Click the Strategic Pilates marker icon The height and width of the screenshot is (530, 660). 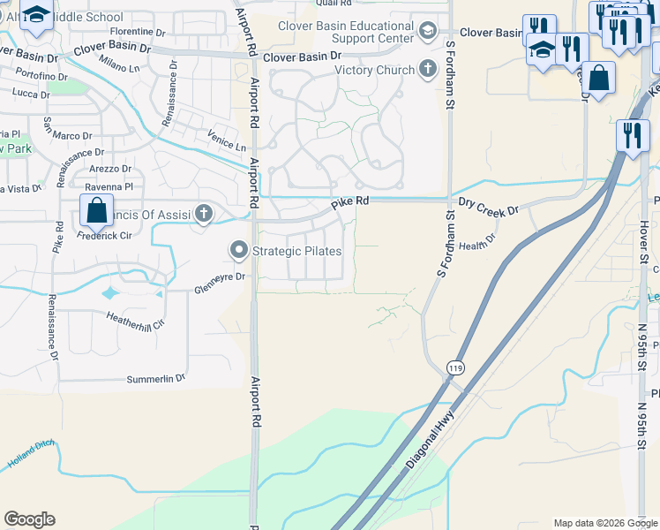(x=239, y=251)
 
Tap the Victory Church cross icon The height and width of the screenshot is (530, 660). (x=428, y=70)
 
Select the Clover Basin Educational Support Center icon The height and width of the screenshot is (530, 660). (x=428, y=32)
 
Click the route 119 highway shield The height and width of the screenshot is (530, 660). (x=455, y=367)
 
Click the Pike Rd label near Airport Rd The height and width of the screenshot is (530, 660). (x=349, y=202)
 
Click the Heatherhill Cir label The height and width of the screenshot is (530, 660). (x=135, y=319)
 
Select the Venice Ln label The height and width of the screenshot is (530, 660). (x=227, y=144)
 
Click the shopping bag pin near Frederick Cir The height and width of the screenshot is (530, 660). (x=96, y=211)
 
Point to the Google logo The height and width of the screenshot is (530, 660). (x=29, y=519)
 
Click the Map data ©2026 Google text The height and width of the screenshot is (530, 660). (x=604, y=523)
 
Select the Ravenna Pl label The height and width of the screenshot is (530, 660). (x=109, y=187)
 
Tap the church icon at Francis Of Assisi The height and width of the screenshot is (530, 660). (x=204, y=213)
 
